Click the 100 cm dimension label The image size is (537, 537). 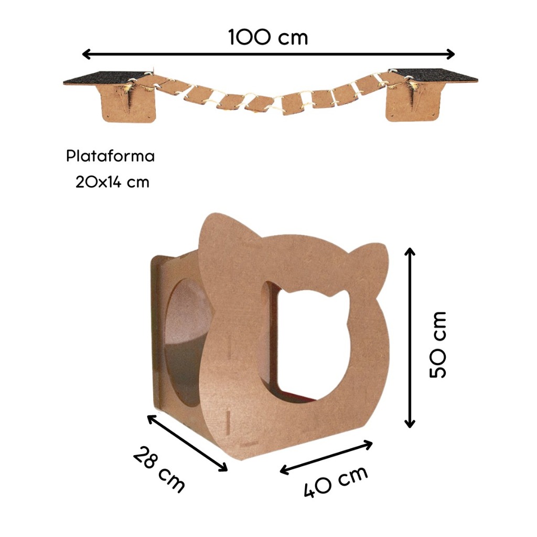coord(268,37)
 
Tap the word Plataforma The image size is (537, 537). coord(110,156)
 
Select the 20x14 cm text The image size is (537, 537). coord(112,182)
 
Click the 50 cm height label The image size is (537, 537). coord(438,345)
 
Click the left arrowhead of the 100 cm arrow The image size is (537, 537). coord(87,54)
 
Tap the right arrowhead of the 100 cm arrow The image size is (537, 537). coord(450,54)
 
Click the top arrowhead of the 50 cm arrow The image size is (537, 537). coord(410,251)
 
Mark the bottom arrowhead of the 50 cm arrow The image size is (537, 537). coord(410,424)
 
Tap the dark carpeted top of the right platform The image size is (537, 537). coord(434,76)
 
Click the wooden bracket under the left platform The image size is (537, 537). coord(129,103)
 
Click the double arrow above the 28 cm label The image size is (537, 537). coord(187,443)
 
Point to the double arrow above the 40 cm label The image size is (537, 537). coord(326,457)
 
